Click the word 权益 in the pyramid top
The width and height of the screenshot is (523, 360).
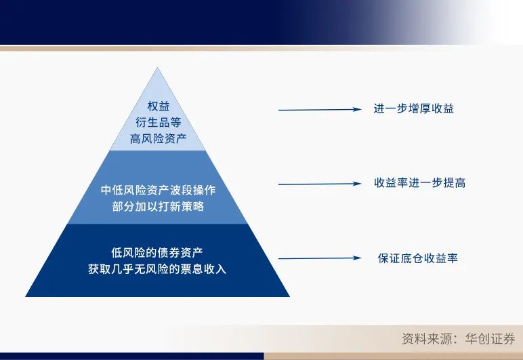point(157,106)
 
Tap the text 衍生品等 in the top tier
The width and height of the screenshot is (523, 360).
point(157,123)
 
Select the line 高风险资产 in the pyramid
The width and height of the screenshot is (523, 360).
point(157,139)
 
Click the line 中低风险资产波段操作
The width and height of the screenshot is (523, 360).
point(158,190)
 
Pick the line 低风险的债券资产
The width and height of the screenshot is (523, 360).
point(157,252)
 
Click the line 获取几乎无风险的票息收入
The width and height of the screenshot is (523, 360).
point(157,268)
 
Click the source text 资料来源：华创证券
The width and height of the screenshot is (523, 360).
point(458,339)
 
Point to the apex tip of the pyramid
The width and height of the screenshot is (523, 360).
point(157,68)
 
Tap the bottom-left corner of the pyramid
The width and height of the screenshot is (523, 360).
point(26,296)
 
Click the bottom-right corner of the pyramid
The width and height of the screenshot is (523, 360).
point(289,296)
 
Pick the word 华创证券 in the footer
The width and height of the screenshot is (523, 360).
point(489,339)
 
